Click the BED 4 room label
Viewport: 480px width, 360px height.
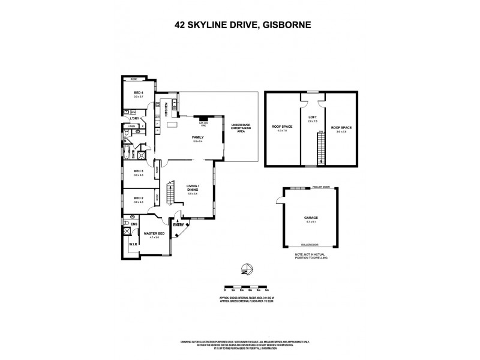click(139, 92)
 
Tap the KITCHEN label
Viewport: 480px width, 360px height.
click(166, 109)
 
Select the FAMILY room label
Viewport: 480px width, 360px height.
click(197, 137)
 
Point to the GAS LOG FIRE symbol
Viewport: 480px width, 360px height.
click(203, 119)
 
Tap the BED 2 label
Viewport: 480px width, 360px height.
click(139, 198)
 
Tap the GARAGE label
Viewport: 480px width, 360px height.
click(310, 218)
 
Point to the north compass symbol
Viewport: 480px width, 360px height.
click(247, 268)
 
